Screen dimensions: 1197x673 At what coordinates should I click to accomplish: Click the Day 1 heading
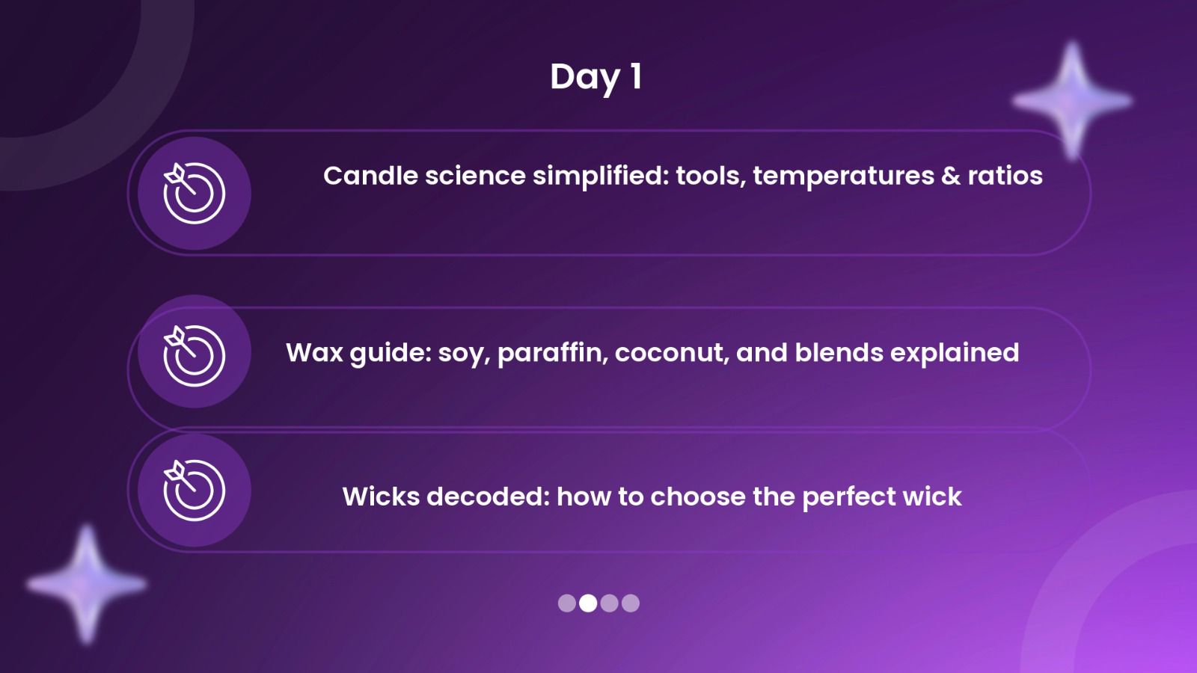[596, 78]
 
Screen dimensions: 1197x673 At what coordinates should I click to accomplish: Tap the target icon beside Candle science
[194, 193]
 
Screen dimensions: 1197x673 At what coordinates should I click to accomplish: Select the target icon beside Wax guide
[194, 355]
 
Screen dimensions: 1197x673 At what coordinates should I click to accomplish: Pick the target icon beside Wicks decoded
[194, 490]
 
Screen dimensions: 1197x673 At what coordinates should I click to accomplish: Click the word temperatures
[843, 176]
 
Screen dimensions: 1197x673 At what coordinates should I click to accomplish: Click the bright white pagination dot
[588, 603]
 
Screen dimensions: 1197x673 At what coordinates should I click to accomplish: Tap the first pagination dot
[567, 603]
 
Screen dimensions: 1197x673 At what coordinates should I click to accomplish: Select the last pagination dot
[631, 603]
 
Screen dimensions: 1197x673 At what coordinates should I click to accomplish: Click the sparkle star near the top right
[1072, 100]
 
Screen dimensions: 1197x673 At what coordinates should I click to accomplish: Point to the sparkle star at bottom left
[87, 584]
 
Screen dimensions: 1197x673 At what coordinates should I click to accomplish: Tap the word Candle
[370, 176]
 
